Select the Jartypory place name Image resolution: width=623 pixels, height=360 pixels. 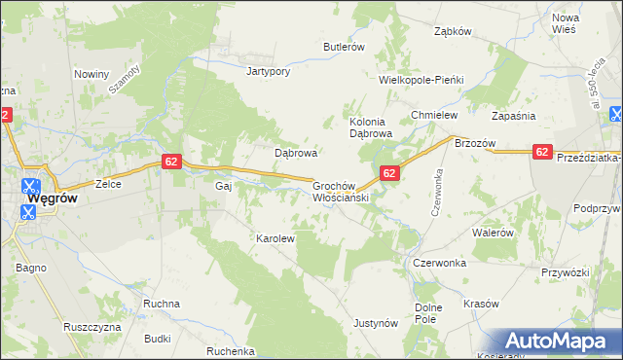tap(270, 72)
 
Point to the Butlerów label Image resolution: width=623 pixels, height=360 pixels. tap(344, 47)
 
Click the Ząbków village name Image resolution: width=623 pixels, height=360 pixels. tap(453, 31)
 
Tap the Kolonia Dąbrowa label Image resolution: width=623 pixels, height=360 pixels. tap(370, 127)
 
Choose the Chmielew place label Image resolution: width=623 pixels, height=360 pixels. tap(434, 115)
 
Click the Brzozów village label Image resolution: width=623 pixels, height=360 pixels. tap(475, 143)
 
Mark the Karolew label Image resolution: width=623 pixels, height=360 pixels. tap(275, 237)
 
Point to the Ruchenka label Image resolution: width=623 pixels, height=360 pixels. tap(231, 351)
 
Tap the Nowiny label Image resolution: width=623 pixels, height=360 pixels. tap(92, 73)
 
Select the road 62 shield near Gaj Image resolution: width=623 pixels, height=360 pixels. tap(170, 162)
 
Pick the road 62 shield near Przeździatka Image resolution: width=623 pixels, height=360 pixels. tap(542, 152)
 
